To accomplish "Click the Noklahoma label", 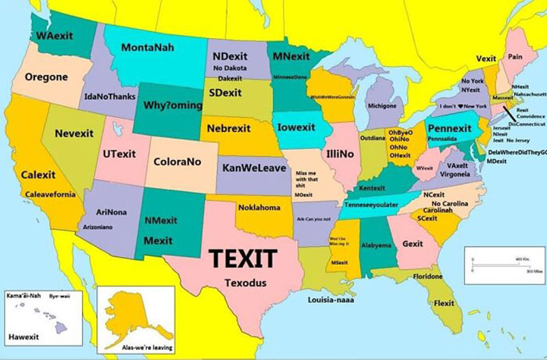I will (259, 208).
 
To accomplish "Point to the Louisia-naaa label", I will (331, 299).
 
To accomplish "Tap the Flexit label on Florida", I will (444, 303).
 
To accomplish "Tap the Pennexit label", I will (449, 127).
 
